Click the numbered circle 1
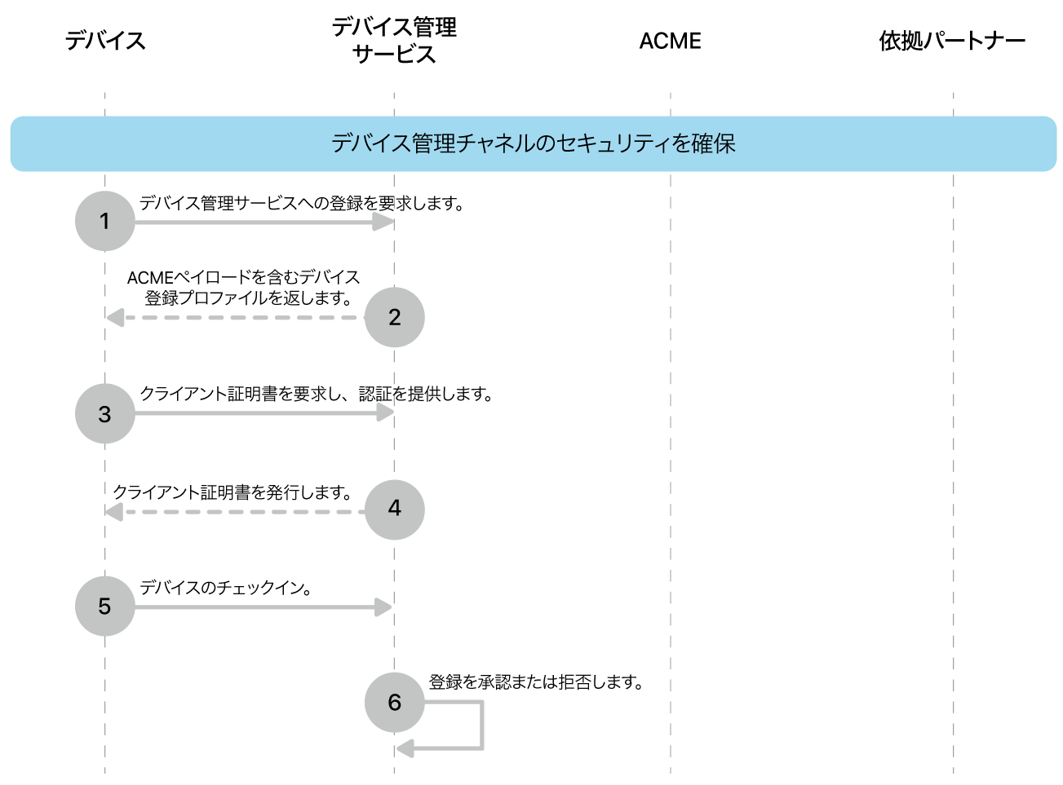click(x=104, y=221)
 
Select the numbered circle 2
click(x=394, y=317)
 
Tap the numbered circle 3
click(x=104, y=413)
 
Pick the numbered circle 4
click(x=394, y=509)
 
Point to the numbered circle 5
click(x=104, y=606)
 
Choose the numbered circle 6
click(x=394, y=702)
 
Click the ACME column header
click(x=670, y=41)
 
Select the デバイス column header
click(x=105, y=40)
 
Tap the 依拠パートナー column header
click(x=952, y=41)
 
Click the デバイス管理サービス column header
click(x=394, y=40)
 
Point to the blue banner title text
click(x=533, y=143)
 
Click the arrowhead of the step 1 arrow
click(x=383, y=221)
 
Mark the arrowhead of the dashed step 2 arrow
click(x=115, y=317)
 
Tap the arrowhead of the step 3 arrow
click(x=385, y=412)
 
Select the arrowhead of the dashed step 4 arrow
click(x=114, y=512)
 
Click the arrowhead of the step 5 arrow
click(x=383, y=606)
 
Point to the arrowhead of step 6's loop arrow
click(x=405, y=748)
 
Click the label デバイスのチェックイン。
click(x=226, y=587)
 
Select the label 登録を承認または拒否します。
click(x=536, y=681)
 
